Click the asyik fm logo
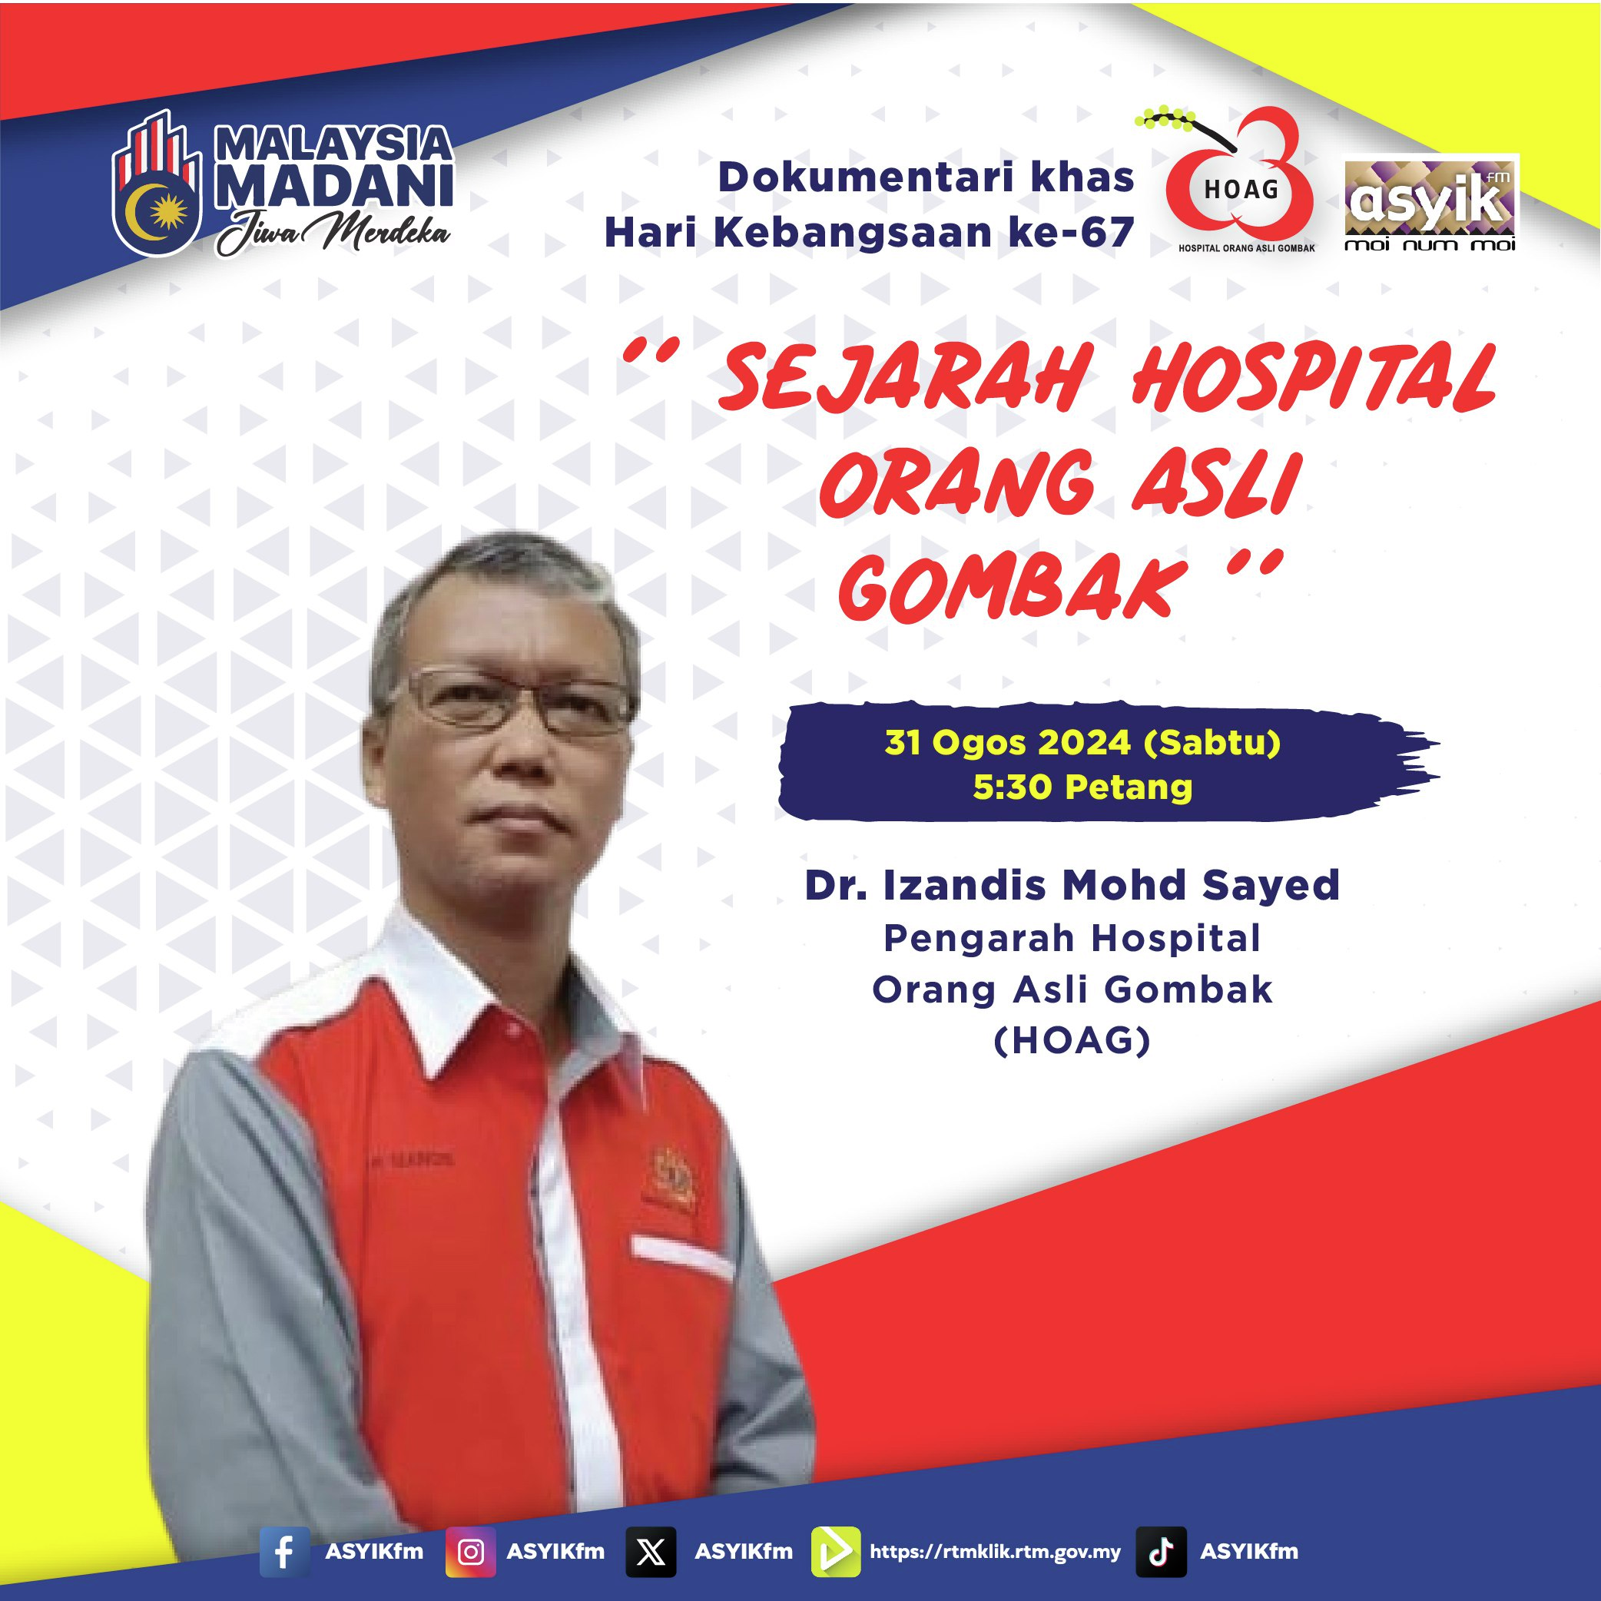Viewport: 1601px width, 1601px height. pos(1430,203)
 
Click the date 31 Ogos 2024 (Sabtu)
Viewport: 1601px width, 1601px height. pos(1082,742)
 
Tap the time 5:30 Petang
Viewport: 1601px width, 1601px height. pos(1082,787)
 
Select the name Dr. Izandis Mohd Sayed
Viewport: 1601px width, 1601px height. pos(1072,885)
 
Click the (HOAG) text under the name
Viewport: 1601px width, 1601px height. pos(1072,1041)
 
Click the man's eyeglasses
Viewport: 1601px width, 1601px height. pos(512,703)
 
